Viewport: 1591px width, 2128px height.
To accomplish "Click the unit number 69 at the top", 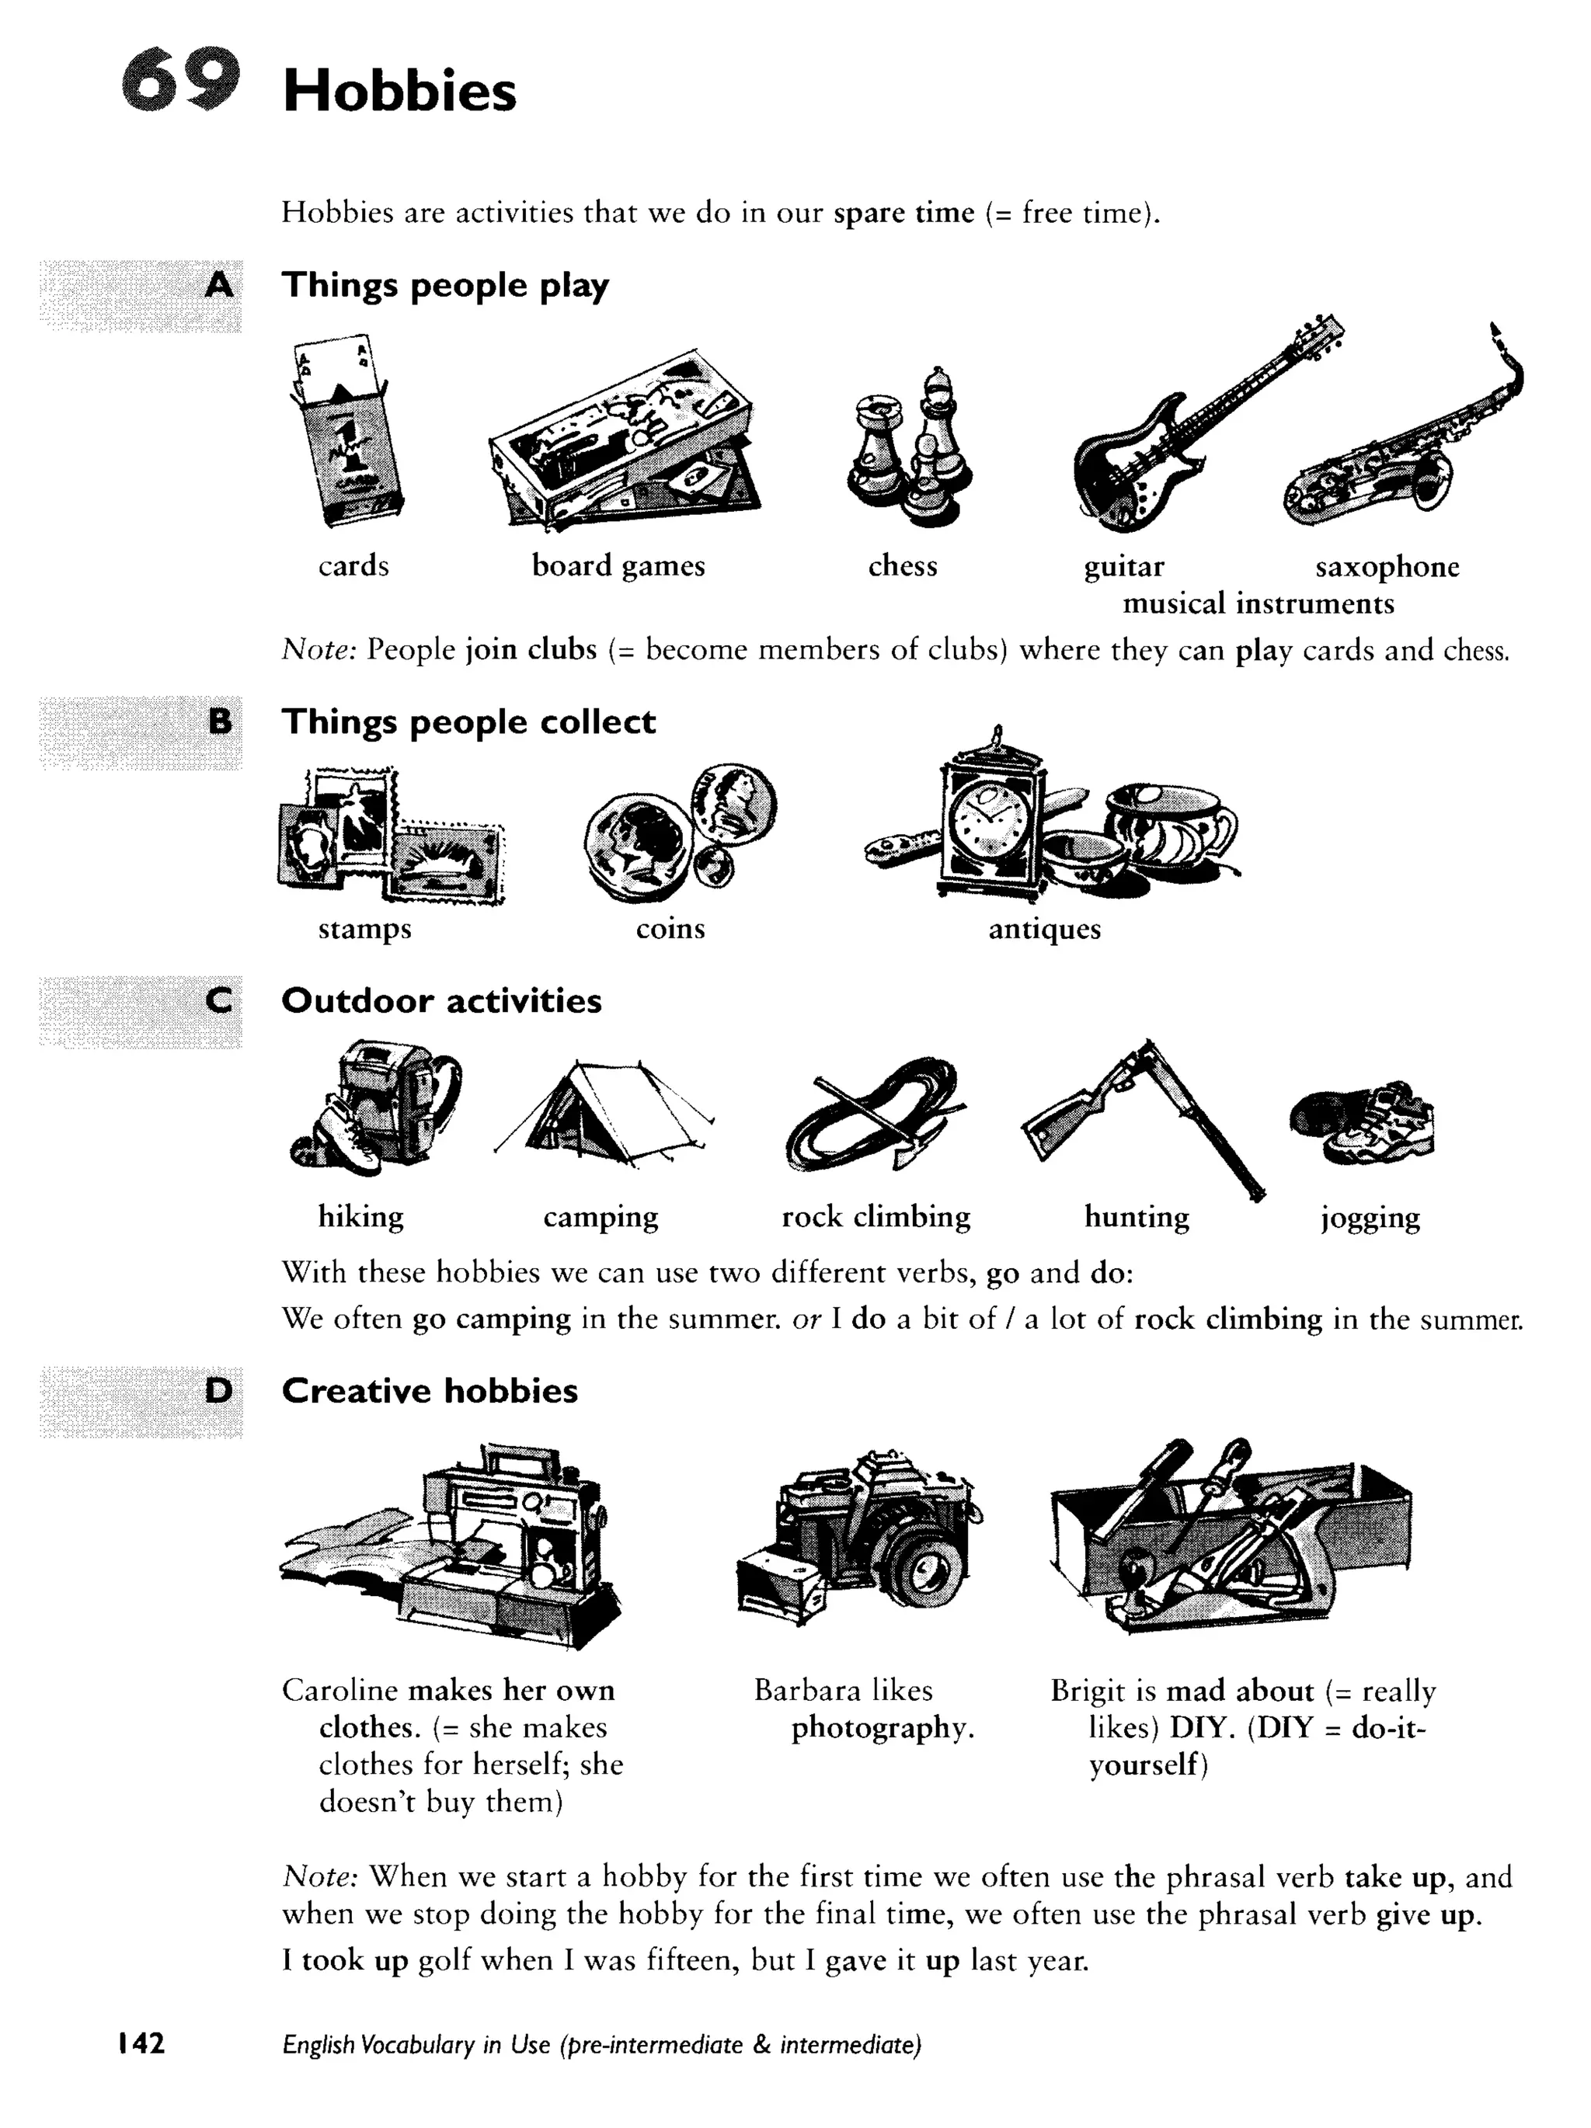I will [180, 81].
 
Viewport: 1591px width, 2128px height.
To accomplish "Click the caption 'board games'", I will [618, 565].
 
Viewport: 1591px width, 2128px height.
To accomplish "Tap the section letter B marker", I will [219, 722].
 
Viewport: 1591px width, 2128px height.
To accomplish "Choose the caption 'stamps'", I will [364, 930].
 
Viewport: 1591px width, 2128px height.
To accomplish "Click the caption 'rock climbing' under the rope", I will [875, 1217].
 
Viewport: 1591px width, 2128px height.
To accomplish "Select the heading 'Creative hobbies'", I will [430, 1391].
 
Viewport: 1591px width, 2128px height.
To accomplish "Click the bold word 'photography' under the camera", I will [882, 1729].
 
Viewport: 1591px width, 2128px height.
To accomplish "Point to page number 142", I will [141, 2043].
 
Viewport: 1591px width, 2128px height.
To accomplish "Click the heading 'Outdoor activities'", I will [440, 1000].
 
